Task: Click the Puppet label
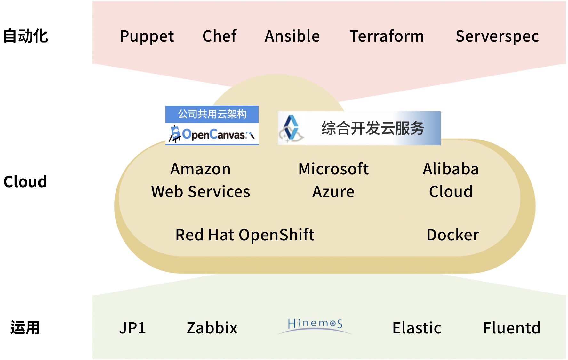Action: click(x=147, y=36)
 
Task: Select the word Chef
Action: click(x=220, y=36)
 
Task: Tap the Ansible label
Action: click(x=292, y=36)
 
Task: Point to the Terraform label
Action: click(x=387, y=36)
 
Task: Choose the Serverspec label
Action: click(x=497, y=36)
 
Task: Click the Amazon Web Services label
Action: click(x=201, y=180)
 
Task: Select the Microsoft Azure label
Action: click(x=333, y=180)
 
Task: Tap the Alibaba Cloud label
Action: click(x=451, y=180)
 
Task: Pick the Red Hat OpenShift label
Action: click(x=245, y=235)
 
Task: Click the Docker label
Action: click(x=453, y=235)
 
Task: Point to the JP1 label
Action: click(x=132, y=328)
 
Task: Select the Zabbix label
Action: click(x=212, y=328)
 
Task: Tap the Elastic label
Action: click(x=417, y=328)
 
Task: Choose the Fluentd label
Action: click(x=512, y=328)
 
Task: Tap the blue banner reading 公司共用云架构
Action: click(x=212, y=114)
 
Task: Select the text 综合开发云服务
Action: click(x=373, y=128)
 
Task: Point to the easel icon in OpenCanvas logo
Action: click(x=175, y=134)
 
